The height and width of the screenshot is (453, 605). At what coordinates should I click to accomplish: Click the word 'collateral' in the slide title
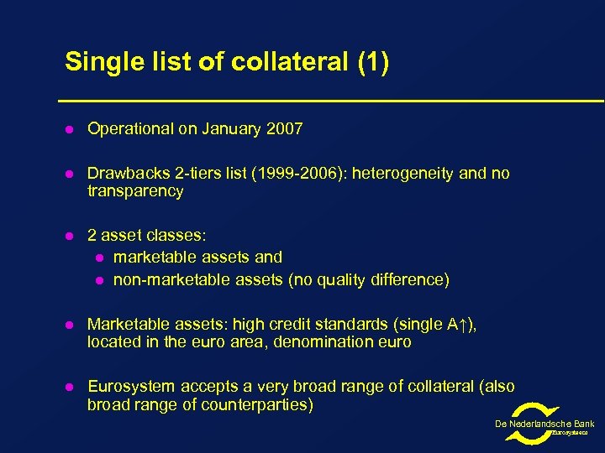click(x=271, y=62)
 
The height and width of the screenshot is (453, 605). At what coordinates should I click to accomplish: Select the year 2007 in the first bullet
click(x=285, y=129)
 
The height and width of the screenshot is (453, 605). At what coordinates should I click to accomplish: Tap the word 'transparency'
click(x=134, y=191)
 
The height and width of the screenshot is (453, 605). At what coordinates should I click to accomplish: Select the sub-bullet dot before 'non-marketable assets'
click(x=98, y=280)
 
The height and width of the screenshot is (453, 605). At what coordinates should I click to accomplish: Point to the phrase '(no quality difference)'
click(x=369, y=279)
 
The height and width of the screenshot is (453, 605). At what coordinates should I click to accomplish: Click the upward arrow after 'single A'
click(x=466, y=324)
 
